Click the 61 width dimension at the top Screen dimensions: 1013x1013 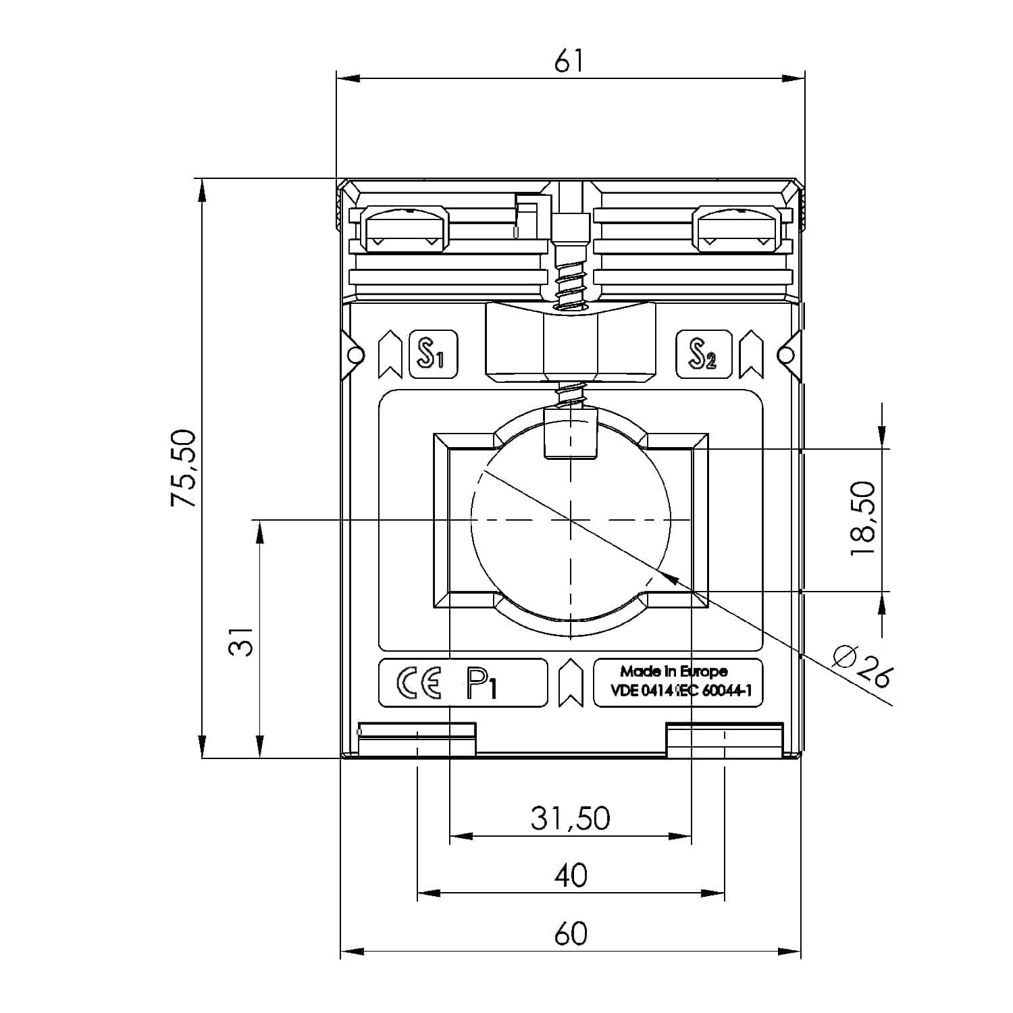[x=569, y=61]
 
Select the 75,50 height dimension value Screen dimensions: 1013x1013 [x=184, y=468]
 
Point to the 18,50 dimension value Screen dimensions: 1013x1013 [x=863, y=519]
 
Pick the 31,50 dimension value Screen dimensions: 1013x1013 [x=570, y=818]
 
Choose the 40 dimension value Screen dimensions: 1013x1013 [x=571, y=875]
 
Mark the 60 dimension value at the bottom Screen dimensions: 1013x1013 [x=571, y=934]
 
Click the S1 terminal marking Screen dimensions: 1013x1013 [x=434, y=354]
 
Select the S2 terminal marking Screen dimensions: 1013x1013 [x=704, y=354]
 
